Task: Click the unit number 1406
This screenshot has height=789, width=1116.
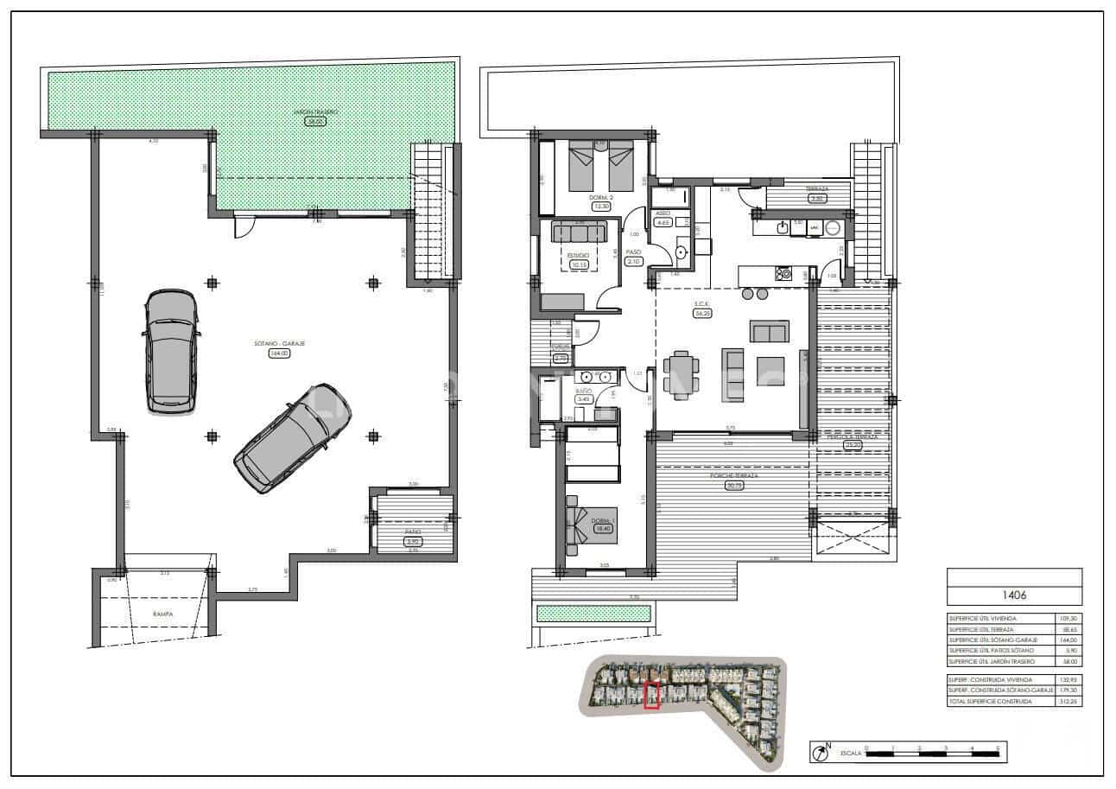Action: pos(1014,595)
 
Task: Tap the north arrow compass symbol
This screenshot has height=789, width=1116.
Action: pos(820,753)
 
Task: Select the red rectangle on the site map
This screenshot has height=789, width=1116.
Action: pos(652,696)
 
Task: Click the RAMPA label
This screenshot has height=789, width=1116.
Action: pos(163,614)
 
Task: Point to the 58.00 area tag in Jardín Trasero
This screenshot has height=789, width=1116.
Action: pos(314,122)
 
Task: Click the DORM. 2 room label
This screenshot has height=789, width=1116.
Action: pos(600,198)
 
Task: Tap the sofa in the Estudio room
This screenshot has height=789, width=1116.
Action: pos(579,232)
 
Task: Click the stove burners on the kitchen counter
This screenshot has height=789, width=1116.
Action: pos(784,274)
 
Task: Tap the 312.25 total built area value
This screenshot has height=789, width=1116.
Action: pos(1068,702)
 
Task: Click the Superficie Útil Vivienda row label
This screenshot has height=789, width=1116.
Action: pos(981,619)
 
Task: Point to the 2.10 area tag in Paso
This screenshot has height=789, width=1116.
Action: pos(633,262)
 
